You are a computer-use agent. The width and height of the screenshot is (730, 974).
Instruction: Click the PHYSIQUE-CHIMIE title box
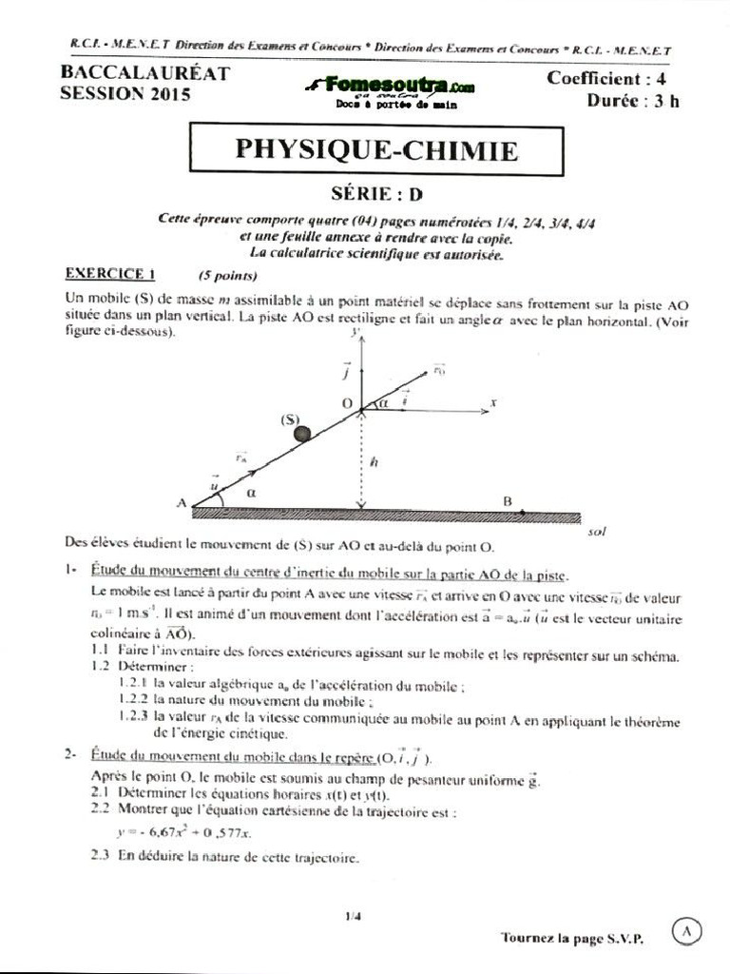(376, 151)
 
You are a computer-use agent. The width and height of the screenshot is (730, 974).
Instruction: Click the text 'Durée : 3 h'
(632, 102)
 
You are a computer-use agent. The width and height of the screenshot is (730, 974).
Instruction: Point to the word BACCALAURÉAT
(144, 74)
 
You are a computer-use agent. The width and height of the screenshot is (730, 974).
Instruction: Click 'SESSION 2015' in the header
(125, 94)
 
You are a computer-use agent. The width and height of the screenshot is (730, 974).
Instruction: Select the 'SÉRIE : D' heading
(376, 195)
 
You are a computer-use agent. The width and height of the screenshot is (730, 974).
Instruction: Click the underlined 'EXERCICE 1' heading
(110, 275)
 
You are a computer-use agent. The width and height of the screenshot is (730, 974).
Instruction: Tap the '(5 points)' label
(228, 277)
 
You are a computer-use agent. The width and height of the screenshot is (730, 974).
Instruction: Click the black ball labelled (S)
(302, 434)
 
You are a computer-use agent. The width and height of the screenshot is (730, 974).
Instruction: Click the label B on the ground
(507, 501)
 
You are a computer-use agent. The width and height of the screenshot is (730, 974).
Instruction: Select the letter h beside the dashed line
(375, 462)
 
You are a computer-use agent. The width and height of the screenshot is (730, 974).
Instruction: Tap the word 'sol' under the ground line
(597, 533)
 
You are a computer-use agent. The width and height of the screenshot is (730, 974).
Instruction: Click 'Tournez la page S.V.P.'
(571, 938)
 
